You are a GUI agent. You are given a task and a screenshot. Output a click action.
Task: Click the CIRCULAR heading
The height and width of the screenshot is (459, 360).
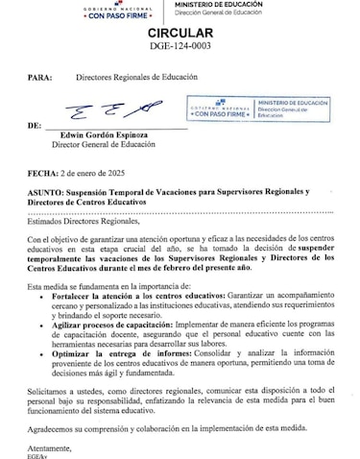[x=180, y=31]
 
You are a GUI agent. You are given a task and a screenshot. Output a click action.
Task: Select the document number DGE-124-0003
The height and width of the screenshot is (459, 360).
[x=180, y=45]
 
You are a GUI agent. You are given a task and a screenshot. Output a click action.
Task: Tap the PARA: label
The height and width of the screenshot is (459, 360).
[x=41, y=73]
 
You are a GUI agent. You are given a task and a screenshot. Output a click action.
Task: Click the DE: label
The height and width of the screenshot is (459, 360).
[x=36, y=125]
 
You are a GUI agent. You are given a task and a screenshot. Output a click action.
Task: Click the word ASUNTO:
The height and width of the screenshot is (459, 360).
[x=48, y=193]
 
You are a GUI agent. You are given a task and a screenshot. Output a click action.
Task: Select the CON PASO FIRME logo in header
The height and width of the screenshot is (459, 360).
[x=111, y=12]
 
